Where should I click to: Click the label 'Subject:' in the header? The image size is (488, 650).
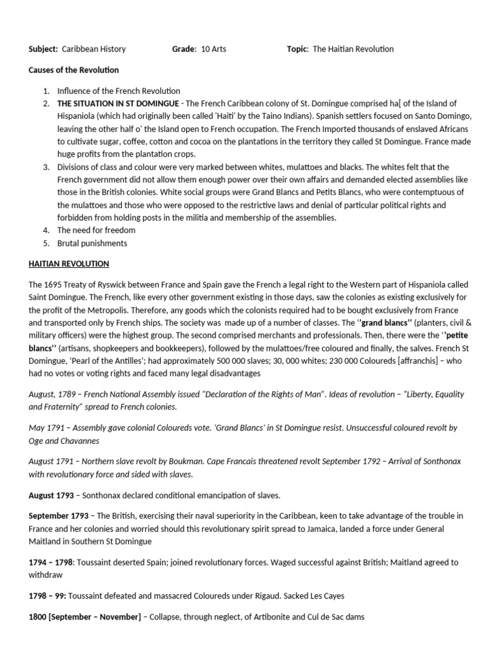(43, 49)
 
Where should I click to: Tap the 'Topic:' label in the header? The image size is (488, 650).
(298, 49)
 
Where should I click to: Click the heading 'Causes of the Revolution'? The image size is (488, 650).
(73, 70)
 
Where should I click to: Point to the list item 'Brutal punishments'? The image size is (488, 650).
(91, 243)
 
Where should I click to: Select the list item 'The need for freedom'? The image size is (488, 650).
(96, 230)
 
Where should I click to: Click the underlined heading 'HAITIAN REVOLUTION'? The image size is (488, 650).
(69, 263)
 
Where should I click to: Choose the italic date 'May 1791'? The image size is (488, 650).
(46, 428)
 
